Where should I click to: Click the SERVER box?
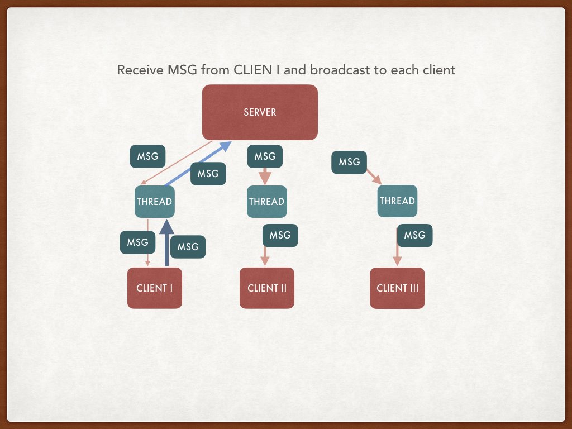pyautogui.click(x=260, y=112)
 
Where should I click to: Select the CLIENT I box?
pyautogui.click(x=155, y=288)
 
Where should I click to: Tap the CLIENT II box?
pyautogui.click(x=267, y=288)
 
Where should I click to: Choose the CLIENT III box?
pyautogui.click(x=397, y=288)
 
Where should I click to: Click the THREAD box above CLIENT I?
pyautogui.click(x=154, y=201)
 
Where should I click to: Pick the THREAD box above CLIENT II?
pyautogui.click(x=266, y=201)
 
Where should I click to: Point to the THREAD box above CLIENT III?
pyautogui.click(x=397, y=201)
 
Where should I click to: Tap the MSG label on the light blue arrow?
pyautogui.click(x=208, y=174)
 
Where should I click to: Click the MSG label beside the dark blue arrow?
pyautogui.click(x=188, y=247)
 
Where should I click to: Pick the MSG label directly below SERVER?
pyautogui.click(x=265, y=156)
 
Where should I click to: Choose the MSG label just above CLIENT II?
pyautogui.click(x=280, y=235)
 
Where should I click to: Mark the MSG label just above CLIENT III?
pyautogui.click(x=414, y=235)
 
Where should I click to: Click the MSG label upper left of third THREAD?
pyautogui.click(x=349, y=163)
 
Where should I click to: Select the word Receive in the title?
pyautogui.click(x=136, y=70)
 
